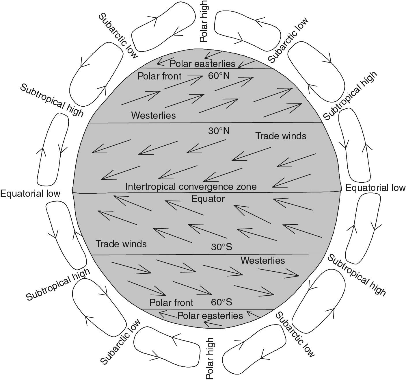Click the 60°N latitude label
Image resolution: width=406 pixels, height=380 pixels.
tap(219, 76)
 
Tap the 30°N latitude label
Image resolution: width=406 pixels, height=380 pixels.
tap(219, 131)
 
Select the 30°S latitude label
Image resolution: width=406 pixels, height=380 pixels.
tap(221, 247)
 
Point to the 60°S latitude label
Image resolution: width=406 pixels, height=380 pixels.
tap(221, 302)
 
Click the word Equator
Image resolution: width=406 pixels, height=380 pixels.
tap(208, 199)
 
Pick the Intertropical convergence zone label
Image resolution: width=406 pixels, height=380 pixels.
tap(191, 187)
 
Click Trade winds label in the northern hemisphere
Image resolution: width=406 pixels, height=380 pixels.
tap(281, 136)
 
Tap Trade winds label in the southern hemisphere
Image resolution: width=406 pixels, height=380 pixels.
tap(121, 244)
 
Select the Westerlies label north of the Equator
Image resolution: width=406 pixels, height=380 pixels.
tap(153, 115)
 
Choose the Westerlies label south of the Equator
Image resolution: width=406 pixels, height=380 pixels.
tap(263, 260)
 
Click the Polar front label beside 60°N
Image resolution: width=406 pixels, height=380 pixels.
tap(159, 76)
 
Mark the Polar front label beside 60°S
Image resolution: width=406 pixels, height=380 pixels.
tap(171, 303)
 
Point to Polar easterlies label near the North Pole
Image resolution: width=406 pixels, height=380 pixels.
tap(202, 64)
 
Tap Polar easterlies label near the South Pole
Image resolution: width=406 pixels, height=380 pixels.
tap(210, 316)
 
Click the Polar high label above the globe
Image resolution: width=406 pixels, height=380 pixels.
tap(204, 21)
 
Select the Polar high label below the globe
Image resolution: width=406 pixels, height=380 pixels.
tap(210, 359)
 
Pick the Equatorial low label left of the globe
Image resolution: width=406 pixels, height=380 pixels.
tap(30, 194)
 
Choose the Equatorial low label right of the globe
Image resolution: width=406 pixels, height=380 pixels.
tap(375, 188)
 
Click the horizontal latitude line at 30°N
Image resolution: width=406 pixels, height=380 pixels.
tap(206, 123)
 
